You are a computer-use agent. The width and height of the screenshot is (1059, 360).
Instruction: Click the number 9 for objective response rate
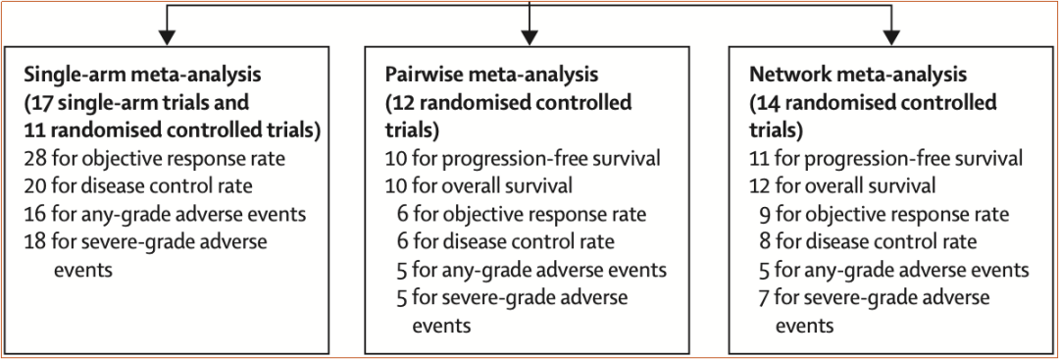[x=765, y=215]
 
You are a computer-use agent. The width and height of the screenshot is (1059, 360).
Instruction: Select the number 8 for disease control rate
[x=765, y=242]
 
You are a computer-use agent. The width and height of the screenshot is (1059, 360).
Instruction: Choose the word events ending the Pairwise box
[x=440, y=326]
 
